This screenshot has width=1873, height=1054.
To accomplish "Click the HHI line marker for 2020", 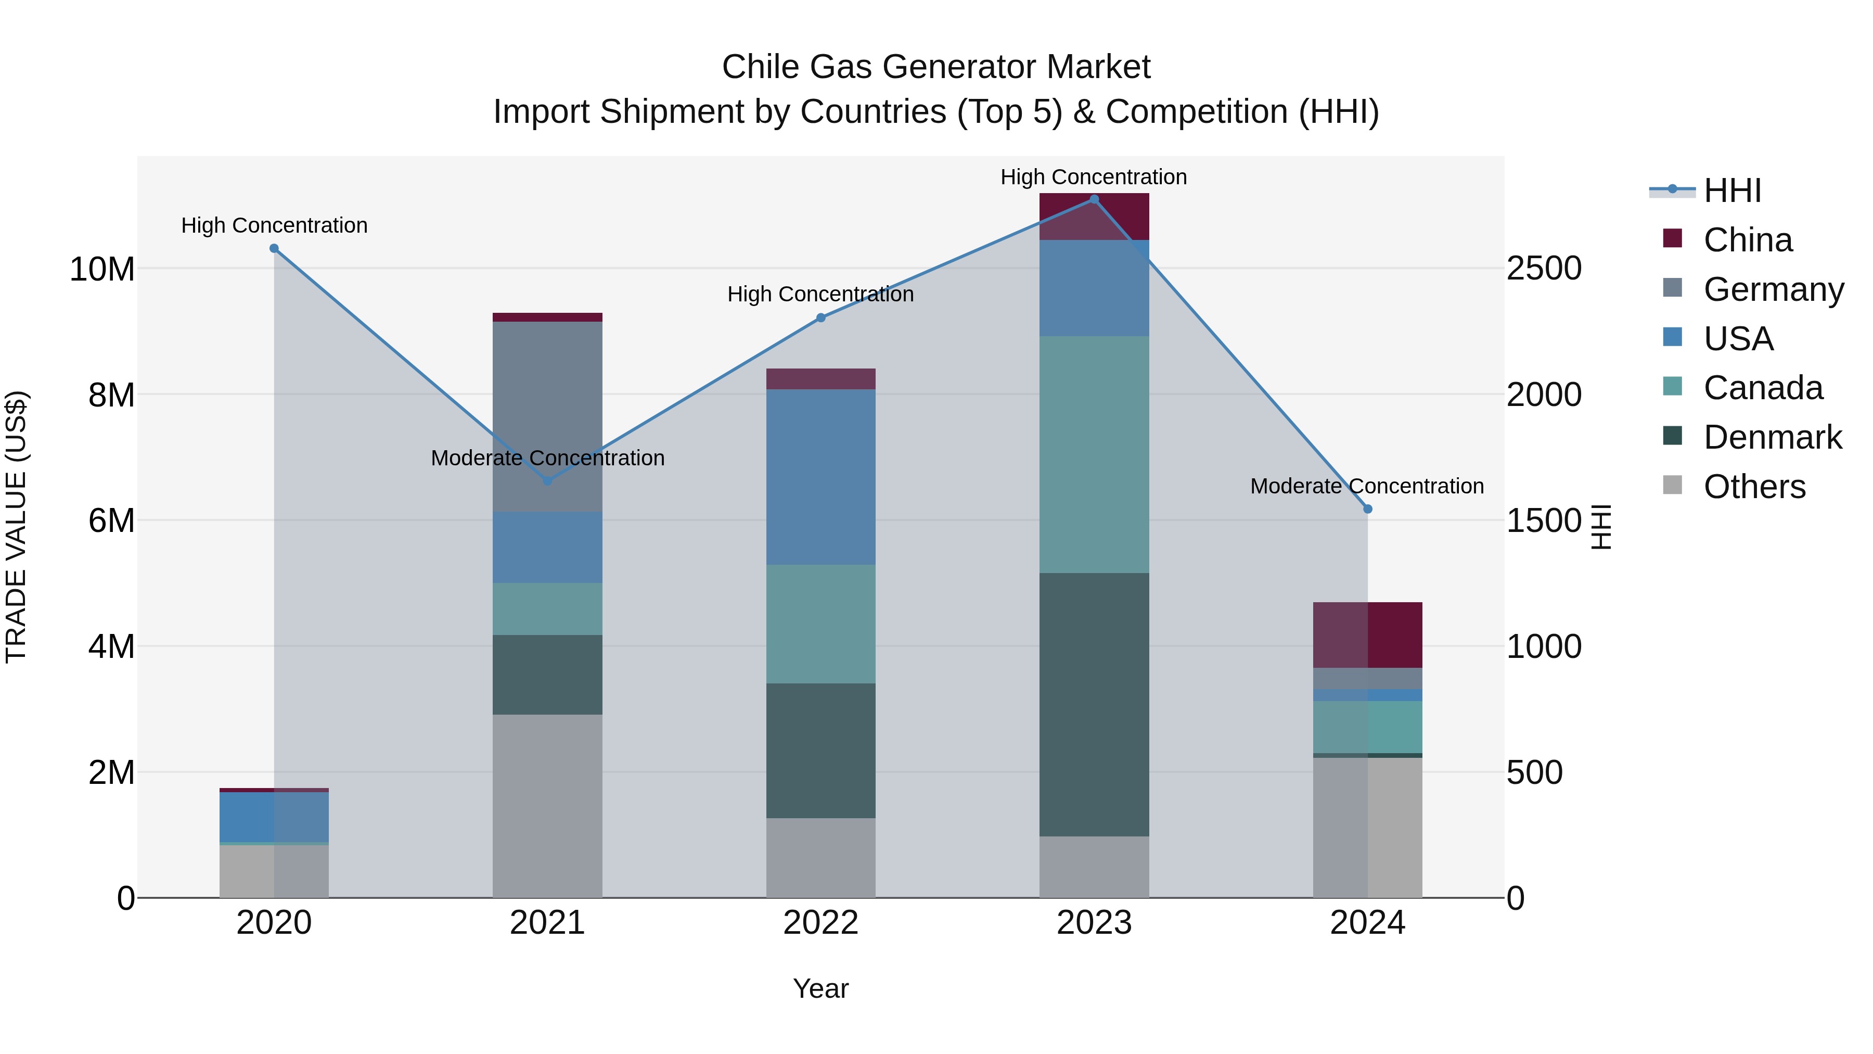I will tap(274, 248).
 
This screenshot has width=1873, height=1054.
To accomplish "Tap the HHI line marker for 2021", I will tap(547, 481).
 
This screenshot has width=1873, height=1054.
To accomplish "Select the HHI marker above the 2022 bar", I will tap(821, 318).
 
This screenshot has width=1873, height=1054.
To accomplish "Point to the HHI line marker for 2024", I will tap(1368, 509).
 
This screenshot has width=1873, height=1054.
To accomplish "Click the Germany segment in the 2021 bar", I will tap(547, 416).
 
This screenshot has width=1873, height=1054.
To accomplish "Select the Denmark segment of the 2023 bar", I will tap(1094, 704).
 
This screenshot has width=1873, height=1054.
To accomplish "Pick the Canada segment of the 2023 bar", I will tap(1094, 454).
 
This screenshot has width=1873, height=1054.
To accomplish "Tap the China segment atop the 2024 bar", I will tap(1368, 634).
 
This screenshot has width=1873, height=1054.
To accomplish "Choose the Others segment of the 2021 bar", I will tap(547, 805).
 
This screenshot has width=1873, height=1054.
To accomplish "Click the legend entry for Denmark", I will tap(1772, 437).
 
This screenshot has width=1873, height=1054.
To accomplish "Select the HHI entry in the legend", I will tap(1731, 191).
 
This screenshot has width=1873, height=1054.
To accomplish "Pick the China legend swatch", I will tap(1672, 238).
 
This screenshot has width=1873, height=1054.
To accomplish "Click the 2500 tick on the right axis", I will tap(1543, 269).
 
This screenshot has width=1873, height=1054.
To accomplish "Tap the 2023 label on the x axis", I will tap(1094, 923).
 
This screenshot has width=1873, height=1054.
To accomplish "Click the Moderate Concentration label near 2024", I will tap(1367, 486).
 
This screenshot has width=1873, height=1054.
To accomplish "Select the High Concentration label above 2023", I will tap(1094, 177).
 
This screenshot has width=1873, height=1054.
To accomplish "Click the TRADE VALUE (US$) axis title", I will tap(16, 527).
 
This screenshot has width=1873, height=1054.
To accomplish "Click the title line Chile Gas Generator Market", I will tap(936, 67).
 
